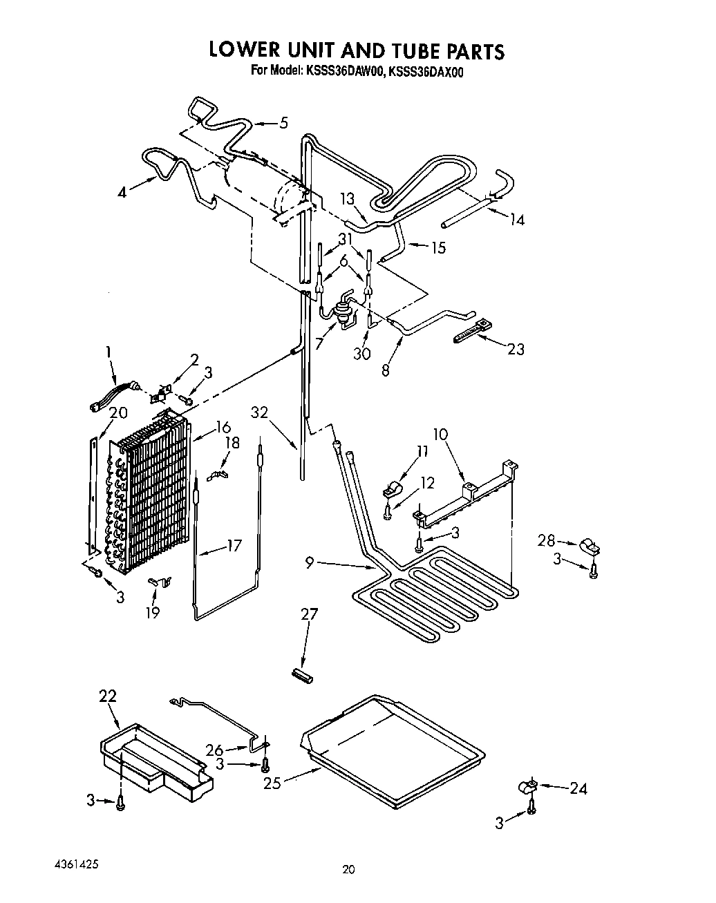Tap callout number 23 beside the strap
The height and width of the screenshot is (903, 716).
[x=515, y=350]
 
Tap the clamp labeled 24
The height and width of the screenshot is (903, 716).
[x=529, y=787]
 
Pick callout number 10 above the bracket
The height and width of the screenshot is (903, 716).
[x=440, y=435]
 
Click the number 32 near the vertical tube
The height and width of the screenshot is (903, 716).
[x=260, y=412]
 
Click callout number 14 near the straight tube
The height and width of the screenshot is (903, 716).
[x=516, y=220]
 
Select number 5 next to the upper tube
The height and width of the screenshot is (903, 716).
[x=283, y=124]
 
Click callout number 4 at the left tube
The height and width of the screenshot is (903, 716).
[x=122, y=193]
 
